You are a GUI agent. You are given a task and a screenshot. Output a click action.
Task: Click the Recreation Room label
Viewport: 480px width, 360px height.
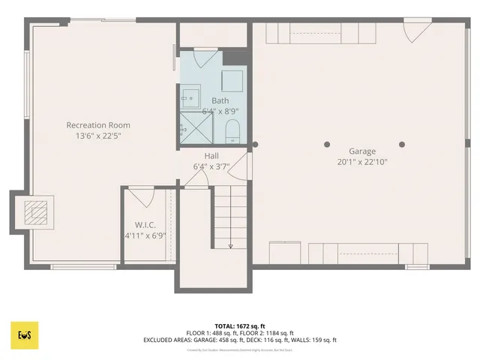[98, 125]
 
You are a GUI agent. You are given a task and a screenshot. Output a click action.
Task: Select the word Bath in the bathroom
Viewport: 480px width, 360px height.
[220, 100]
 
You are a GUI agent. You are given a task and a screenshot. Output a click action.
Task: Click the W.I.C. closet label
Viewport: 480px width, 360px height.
[145, 224]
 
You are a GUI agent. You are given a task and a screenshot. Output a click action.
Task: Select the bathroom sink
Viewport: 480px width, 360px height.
[190, 95]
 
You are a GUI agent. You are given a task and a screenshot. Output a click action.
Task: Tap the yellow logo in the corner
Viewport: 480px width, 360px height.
[24, 334]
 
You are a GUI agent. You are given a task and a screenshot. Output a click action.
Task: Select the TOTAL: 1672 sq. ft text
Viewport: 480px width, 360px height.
[239, 326]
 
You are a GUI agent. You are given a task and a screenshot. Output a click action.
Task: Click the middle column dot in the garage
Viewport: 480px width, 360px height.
[327, 144]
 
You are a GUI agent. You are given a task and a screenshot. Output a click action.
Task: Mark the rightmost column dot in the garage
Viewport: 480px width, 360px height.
[402, 144]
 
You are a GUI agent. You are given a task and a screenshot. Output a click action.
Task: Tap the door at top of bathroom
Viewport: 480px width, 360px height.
[205, 58]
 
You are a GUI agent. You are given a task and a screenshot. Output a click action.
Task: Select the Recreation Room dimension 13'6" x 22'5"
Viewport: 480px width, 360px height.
[98, 136]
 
